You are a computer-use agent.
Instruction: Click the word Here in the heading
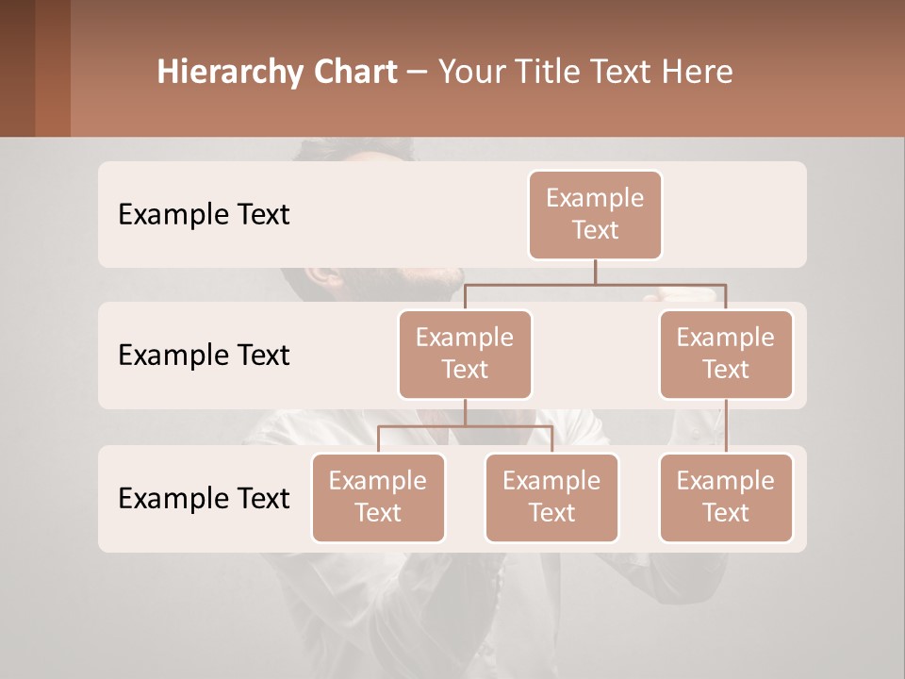point(698,73)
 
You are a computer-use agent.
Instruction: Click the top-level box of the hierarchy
point(595,215)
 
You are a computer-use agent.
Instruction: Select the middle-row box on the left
point(465,355)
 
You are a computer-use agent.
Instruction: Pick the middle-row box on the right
point(726,355)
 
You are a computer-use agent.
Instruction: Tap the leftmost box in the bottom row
point(378,498)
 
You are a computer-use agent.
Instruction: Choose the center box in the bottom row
point(551,498)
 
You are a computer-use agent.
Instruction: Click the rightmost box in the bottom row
point(726,498)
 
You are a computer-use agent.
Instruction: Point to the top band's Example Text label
point(204,215)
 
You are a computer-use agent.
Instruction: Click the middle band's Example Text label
point(204,356)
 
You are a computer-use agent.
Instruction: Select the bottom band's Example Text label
point(204,498)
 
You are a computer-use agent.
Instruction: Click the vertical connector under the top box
point(595,272)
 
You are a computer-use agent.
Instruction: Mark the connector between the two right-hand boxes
point(726,426)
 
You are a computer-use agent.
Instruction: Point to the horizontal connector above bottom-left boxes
point(465,426)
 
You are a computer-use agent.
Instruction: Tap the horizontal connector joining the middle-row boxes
point(595,283)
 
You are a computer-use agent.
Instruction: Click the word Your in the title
point(469,73)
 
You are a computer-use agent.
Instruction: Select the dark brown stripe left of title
point(18,68)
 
